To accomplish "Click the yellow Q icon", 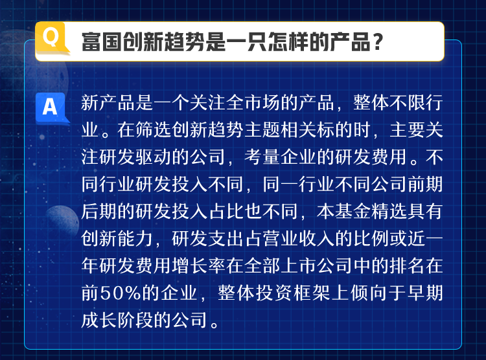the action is click(x=52, y=38).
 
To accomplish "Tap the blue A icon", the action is click(x=51, y=108).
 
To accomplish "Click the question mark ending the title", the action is click(x=378, y=42).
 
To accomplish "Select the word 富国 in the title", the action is click(x=101, y=42).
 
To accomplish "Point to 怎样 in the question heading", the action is click(x=288, y=42).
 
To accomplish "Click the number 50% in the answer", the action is click(x=121, y=293).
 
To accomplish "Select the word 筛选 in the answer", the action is click(x=153, y=129).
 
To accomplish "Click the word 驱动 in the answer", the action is click(x=153, y=157).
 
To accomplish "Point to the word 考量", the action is click(x=262, y=157).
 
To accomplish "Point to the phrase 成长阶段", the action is click(x=117, y=320).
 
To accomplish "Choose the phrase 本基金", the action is click(x=343, y=211).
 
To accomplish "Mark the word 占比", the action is click(x=226, y=211).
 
